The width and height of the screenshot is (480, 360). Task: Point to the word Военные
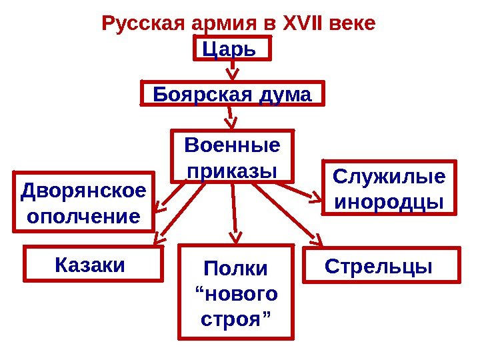coord(233,145)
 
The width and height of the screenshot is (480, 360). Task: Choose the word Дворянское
coord(83,191)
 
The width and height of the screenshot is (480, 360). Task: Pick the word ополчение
coord(83,217)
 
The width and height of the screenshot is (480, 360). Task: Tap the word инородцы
coord(389,201)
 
